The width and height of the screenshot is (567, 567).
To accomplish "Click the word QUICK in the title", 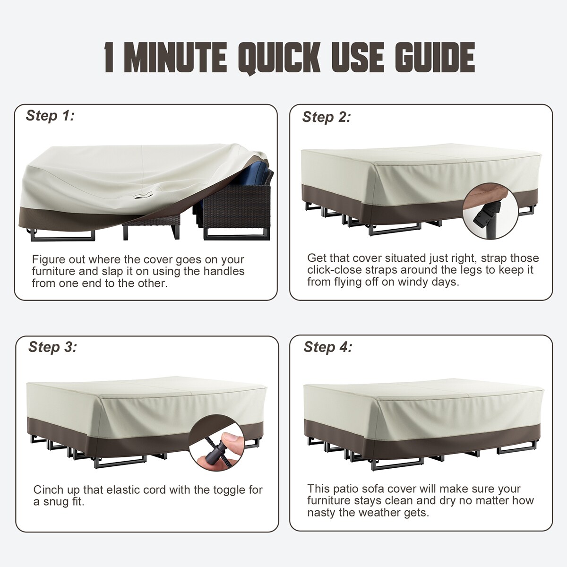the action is pos(281,57).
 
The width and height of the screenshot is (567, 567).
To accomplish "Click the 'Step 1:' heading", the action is pos(50,116).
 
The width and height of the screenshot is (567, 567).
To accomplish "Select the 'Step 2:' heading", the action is pos(326,117).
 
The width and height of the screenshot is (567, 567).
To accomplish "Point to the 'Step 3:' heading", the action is pos(52,347).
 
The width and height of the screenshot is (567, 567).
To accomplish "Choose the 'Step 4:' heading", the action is pos(328,347).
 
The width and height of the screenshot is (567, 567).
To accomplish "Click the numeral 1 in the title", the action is pos(110,57).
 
